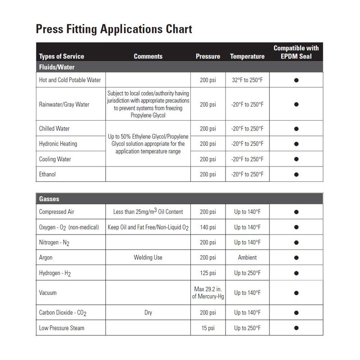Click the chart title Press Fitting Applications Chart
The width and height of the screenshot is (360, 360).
[x=114, y=30]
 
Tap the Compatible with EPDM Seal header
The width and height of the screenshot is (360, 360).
[x=296, y=52]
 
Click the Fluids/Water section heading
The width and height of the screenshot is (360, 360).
[x=57, y=67]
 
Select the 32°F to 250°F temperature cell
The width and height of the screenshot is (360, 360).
[x=247, y=80]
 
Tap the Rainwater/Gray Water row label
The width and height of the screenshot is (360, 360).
[x=64, y=104]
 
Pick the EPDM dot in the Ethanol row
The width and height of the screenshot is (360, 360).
[x=297, y=175]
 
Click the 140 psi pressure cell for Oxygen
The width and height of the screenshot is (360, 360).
[x=207, y=227]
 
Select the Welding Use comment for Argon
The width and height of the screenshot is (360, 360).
[x=148, y=258]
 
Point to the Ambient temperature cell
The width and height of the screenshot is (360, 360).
[x=247, y=258]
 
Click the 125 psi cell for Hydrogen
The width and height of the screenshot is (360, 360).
[x=207, y=273]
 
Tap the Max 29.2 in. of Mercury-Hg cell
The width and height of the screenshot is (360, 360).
[x=207, y=292]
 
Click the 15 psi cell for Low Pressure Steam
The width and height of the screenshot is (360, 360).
[x=207, y=328]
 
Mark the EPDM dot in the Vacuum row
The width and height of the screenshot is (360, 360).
[x=297, y=292]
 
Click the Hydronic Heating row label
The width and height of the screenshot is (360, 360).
[x=58, y=144]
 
